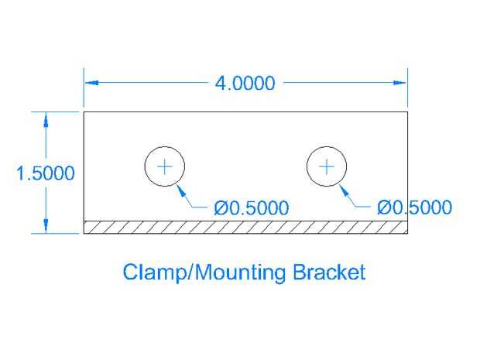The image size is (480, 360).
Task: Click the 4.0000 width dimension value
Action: [x=245, y=83]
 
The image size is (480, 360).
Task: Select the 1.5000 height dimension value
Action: [x=46, y=173]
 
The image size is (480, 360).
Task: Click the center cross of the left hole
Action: [x=165, y=166]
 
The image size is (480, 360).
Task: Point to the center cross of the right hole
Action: [x=327, y=166]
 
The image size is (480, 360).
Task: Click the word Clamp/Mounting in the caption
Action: [x=205, y=273]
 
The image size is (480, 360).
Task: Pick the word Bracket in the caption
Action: [x=329, y=273]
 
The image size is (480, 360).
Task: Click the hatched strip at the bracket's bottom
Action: [x=245, y=227]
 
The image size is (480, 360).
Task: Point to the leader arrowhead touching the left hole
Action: [x=180, y=187]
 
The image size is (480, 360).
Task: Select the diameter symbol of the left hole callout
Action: [x=221, y=207]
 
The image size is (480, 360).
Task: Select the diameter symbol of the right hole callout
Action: [x=383, y=207]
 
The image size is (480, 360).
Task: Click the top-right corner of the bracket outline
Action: [x=407, y=112]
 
